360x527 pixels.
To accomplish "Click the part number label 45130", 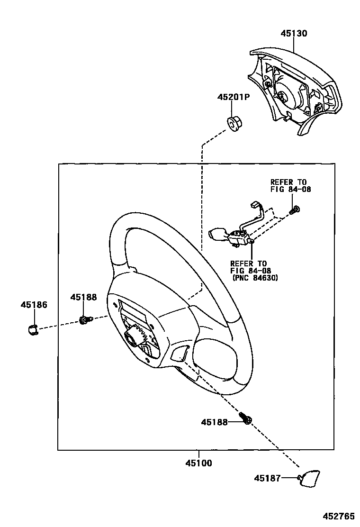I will [294, 34].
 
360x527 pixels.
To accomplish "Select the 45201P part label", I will [234, 97].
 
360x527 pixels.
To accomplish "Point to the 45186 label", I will [34, 305].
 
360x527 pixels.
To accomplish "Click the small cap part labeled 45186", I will [32, 328].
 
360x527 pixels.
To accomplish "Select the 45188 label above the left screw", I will [83, 297].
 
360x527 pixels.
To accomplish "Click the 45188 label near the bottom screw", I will [214, 421].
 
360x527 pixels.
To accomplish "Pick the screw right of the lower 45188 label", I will [246, 418].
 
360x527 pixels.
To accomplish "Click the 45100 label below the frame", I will [198, 463].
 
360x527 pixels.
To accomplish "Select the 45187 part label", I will [267, 478].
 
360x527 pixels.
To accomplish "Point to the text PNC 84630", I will [255, 278].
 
